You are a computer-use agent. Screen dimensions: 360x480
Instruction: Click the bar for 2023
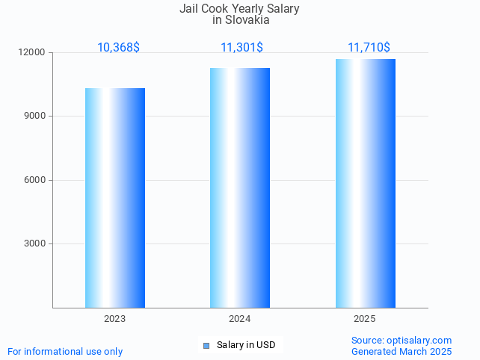click(115, 198)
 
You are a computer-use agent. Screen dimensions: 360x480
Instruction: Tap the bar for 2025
click(365, 184)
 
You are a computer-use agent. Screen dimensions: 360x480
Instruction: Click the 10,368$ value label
click(118, 48)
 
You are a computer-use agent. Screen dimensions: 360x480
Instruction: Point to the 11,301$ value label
click(241, 48)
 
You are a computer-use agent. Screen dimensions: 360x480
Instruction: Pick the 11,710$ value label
click(369, 48)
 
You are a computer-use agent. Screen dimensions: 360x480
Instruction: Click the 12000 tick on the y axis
click(32, 53)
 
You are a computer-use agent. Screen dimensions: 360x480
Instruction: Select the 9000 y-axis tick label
click(34, 117)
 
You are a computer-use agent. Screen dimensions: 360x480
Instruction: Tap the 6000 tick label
click(34, 180)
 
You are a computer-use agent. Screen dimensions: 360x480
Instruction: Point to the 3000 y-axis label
click(34, 243)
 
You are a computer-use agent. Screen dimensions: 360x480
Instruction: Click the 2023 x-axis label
click(115, 319)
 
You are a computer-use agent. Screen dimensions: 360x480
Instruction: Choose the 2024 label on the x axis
click(240, 319)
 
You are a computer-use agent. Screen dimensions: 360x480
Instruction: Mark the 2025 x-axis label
click(365, 319)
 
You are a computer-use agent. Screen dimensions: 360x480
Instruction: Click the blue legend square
click(206, 345)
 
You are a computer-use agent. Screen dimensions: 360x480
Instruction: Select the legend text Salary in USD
click(246, 345)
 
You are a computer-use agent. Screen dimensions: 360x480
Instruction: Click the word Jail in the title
click(188, 9)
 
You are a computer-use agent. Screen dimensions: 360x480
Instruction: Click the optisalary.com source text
click(401, 341)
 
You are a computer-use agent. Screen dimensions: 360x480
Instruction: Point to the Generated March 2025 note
click(401, 351)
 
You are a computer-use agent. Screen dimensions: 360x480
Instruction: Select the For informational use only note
click(65, 351)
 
